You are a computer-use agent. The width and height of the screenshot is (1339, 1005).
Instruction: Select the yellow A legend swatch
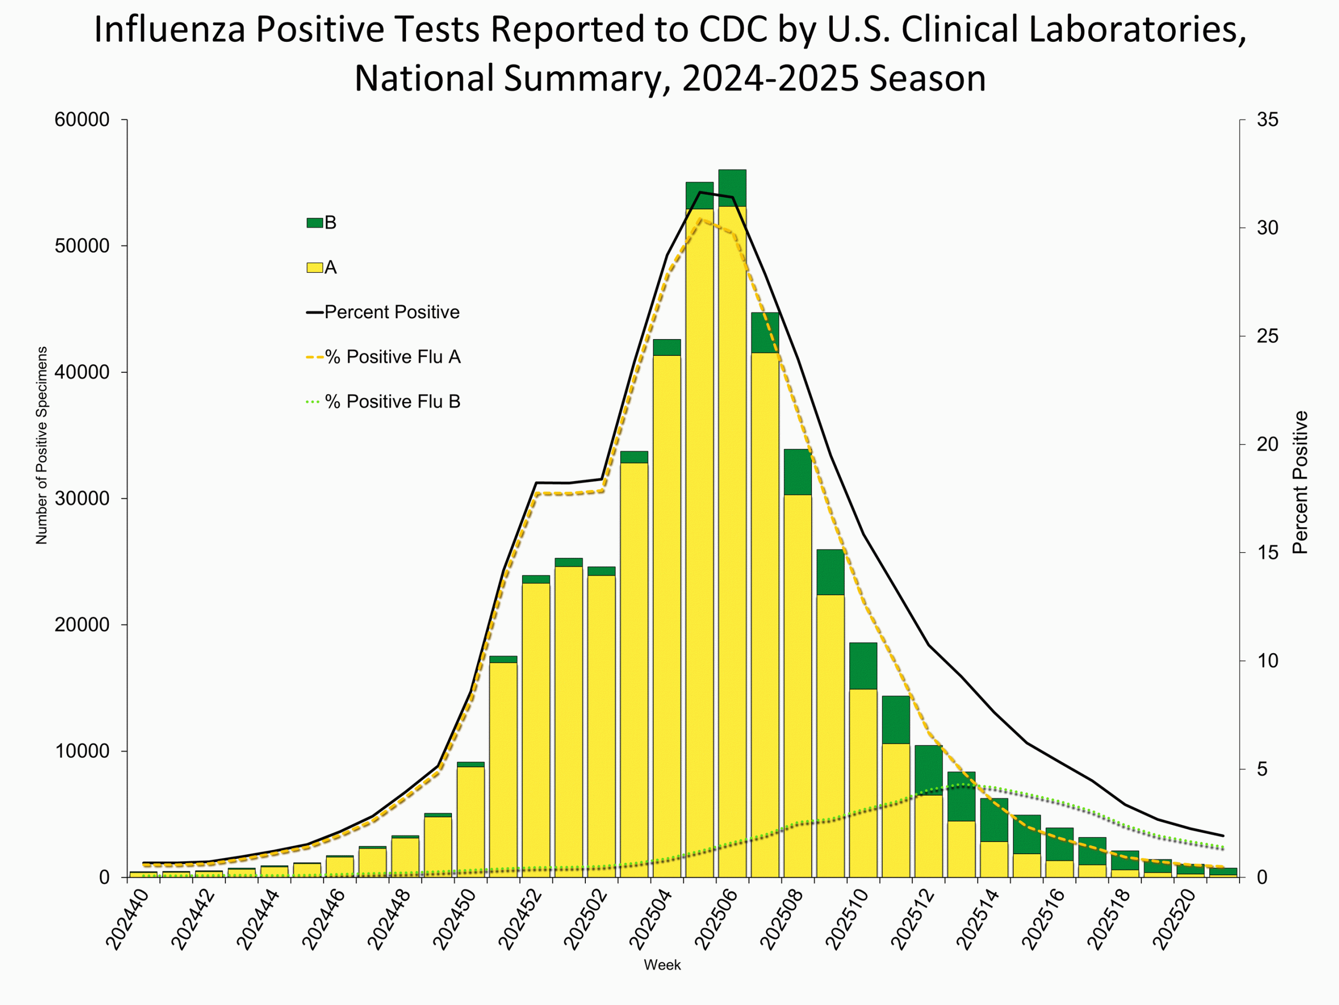[x=314, y=267]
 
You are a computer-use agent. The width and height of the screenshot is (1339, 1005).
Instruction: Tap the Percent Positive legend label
[x=391, y=312]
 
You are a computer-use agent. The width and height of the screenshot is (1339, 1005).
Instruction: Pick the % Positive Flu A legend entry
[x=392, y=357]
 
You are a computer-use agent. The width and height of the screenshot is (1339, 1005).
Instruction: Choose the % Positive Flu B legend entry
[x=392, y=401]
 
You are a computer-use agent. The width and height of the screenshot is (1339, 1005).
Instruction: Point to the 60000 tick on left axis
[x=82, y=119]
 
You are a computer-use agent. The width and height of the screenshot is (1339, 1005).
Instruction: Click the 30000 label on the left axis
[x=82, y=498]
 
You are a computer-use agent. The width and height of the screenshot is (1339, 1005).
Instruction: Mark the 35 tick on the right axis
[x=1267, y=119]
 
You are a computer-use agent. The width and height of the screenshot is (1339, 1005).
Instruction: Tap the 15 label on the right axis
[x=1267, y=552]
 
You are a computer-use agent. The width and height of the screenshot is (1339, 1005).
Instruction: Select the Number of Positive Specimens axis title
[x=41, y=445]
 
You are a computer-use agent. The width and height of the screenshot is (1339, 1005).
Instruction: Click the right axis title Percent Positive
[x=1300, y=482]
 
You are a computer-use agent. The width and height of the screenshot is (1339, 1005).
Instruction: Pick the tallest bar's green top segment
[x=732, y=188]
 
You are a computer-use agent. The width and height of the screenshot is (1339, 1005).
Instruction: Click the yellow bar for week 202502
[x=601, y=727]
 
